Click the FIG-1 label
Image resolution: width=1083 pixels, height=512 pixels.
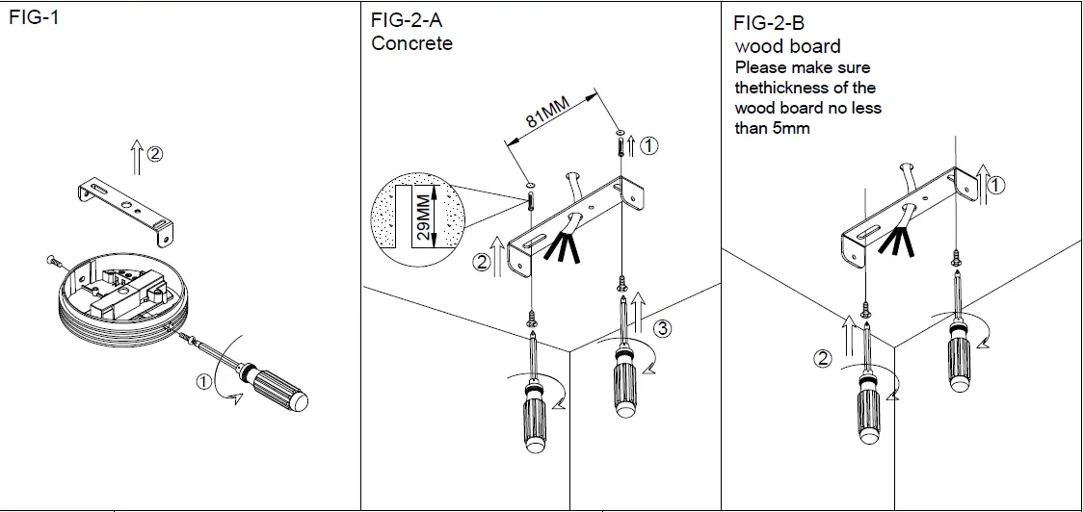(x=34, y=18)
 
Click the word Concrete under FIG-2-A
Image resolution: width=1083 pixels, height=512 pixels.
(x=411, y=43)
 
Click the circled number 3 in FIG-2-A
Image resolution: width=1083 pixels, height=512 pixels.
(x=662, y=329)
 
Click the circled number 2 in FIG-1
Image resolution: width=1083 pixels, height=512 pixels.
(x=156, y=152)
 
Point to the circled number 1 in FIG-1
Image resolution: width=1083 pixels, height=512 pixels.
(x=204, y=381)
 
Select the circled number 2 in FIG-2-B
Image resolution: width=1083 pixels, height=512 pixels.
(x=822, y=359)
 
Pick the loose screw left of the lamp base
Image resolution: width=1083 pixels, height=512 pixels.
(x=52, y=259)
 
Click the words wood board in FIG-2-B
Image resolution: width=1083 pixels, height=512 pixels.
(x=787, y=46)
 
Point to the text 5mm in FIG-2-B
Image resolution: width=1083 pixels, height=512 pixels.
(x=790, y=128)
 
